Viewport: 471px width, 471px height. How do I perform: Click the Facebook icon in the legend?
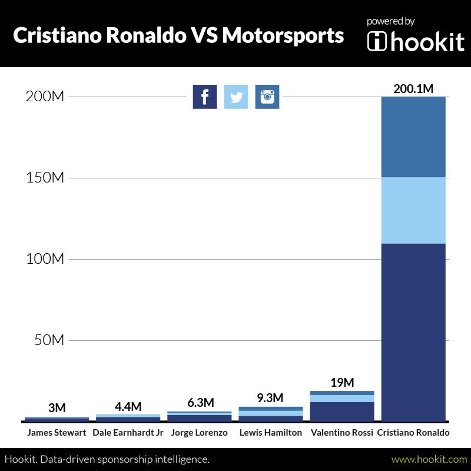pyautogui.click(x=205, y=97)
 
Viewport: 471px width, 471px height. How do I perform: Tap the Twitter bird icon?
pyautogui.click(x=236, y=97)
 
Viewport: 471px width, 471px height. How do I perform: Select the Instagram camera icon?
pyautogui.click(x=267, y=97)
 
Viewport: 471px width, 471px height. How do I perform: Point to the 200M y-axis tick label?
pyautogui.click(x=45, y=97)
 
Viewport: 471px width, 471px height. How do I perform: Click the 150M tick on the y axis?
pyautogui.click(x=45, y=178)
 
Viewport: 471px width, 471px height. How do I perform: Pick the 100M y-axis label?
pyautogui.click(x=45, y=259)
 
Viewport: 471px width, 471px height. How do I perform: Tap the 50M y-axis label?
pyautogui.click(x=48, y=340)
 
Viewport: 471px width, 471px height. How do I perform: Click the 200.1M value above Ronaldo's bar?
pyautogui.click(x=413, y=89)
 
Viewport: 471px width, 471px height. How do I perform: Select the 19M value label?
pyautogui.click(x=342, y=383)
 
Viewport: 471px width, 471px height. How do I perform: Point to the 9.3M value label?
pyautogui.click(x=270, y=399)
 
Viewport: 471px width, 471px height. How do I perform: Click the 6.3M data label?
pyautogui.click(x=199, y=403)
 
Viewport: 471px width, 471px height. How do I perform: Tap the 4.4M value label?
pyautogui.click(x=128, y=406)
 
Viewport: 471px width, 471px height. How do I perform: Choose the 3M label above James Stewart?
pyautogui.click(x=57, y=408)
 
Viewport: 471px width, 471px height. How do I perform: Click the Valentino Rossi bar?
pyautogui.click(x=342, y=406)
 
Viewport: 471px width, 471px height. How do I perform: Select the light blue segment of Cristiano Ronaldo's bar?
pyautogui.click(x=413, y=210)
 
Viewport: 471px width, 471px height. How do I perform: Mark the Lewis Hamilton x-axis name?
pyautogui.click(x=271, y=433)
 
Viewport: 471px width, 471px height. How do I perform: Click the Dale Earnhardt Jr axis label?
pyautogui.click(x=128, y=433)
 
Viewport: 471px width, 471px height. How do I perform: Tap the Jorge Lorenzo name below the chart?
pyautogui.click(x=199, y=433)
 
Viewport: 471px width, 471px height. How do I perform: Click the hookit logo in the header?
pyautogui.click(x=416, y=41)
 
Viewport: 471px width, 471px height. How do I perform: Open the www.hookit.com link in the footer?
pyautogui.click(x=429, y=459)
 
